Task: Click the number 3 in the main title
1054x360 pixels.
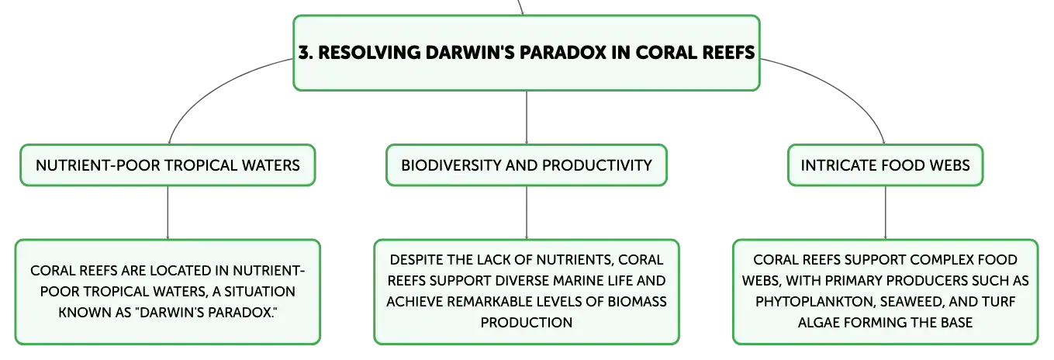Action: [x=304, y=52]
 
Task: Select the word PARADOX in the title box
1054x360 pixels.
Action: [x=563, y=52]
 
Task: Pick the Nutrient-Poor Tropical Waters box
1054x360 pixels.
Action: [x=168, y=165]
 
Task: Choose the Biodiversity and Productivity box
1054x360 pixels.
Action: [x=527, y=165]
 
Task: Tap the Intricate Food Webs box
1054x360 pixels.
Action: [x=885, y=165]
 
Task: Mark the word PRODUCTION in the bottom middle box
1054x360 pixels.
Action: [x=527, y=322]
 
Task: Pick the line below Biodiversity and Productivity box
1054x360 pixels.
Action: [x=527, y=213]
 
